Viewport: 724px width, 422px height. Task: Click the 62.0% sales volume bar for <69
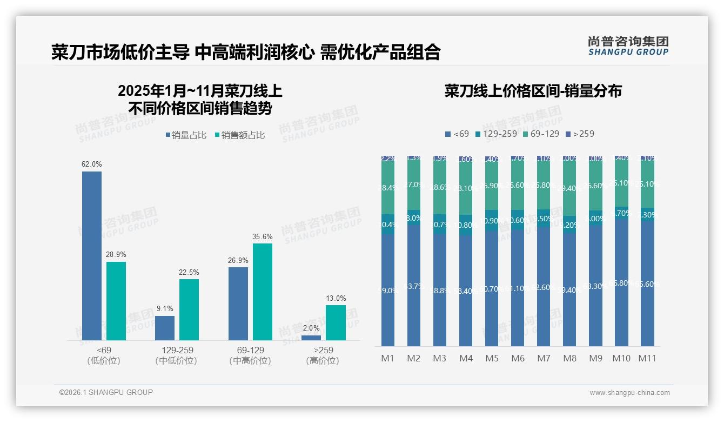pyautogui.click(x=92, y=255)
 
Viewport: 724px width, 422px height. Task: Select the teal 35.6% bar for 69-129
pyautogui.click(x=262, y=292)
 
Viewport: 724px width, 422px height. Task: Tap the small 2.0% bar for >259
pyautogui.click(x=311, y=338)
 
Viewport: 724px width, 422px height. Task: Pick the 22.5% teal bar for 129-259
pyautogui.click(x=189, y=309)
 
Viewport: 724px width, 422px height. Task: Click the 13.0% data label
pyautogui.click(x=336, y=298)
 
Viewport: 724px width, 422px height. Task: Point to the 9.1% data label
pyautogui.click(x=165, y=309)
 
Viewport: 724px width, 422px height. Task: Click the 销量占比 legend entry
pyautogui.click(x=186, y=135)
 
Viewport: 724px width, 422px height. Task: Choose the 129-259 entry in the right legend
pyautogui.click(x=495, y=134)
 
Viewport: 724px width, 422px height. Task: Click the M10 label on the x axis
pyautogui.click(x=621, y=358)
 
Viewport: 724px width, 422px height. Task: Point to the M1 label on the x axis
pyautogui.click(x=388, y=358)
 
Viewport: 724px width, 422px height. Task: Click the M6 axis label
pyautogui.click(x=518, y=358)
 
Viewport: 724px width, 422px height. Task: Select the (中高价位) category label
pyautogui.click(x=250, y=361)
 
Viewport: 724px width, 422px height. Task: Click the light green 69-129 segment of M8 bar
pyautogui.click(x=569, y=188)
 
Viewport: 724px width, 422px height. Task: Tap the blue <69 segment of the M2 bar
pyautogui.click(x=414, y=284)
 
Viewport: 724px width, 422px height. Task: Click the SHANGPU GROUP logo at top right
pyautogui.click(x=628, y=46)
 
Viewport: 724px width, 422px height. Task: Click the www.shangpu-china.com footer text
pyautogui.click(x=629, y=393)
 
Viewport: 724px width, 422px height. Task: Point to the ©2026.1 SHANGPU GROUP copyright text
pyautogui.click(x=106, y=392)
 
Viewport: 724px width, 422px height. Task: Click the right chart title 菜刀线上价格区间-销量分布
pyautogui.click(x=533, y=91)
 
